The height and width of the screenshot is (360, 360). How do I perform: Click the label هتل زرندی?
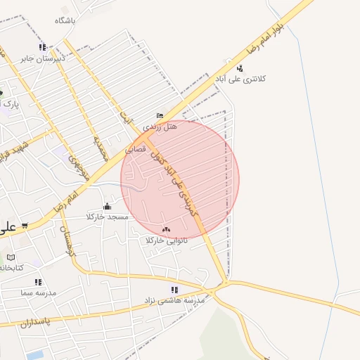pos(161,127)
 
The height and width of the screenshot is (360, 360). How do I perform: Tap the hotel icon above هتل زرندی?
pos(160,116)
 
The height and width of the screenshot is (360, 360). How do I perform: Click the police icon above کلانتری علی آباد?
pos(240,68)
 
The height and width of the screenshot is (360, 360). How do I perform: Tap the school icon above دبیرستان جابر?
pos(42,47)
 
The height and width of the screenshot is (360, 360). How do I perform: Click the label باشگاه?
pos(65,21)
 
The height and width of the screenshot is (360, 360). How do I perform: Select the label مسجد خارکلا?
pos(108,217)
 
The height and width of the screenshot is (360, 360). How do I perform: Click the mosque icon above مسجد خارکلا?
pos(107,206)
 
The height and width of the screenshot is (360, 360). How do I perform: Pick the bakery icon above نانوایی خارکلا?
pos(166,229)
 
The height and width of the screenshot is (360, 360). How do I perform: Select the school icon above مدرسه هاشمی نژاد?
pos(174,290)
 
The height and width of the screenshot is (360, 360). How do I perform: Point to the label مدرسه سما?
pos(39,292)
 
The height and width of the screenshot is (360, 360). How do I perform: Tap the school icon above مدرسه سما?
pos(38,282)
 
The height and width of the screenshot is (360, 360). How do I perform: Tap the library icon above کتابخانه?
pos(10,257)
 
